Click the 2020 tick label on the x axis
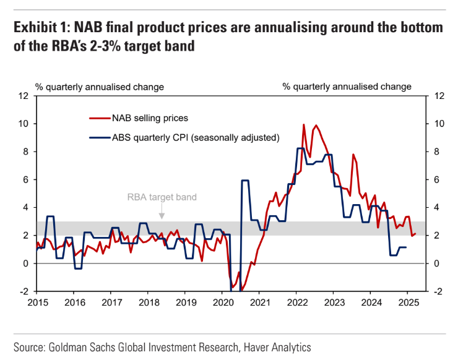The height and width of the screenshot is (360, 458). click(222, 303)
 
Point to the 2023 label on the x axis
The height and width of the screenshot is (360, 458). click(334, 303)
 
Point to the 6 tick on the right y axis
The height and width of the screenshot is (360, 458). click(436, 180)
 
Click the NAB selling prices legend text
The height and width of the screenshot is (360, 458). click(150, 118)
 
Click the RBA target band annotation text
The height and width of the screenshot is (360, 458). click(162, 198)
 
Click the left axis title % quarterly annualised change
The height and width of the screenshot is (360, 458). click(99, 87)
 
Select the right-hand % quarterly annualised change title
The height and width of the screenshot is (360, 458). click(347, 87)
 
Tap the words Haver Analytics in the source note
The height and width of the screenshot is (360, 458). click(275, 347)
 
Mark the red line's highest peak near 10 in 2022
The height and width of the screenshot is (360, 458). click(303, 124)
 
